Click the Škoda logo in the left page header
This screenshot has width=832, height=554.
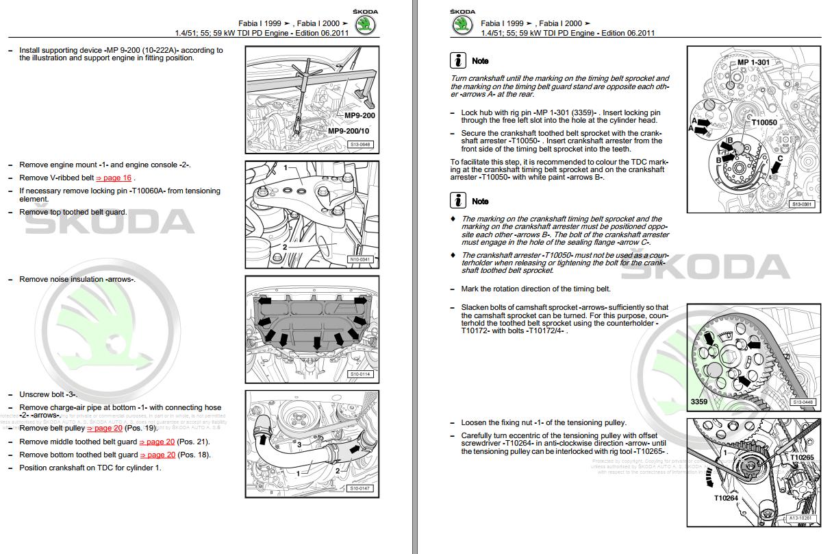[x=366, y=25]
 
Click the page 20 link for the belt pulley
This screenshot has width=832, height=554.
[x=104, y=429]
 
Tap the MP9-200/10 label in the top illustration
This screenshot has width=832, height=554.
[x=348, y=131]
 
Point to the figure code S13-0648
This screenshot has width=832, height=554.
[x=360, y=145]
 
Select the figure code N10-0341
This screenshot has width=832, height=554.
[x=360, y=259]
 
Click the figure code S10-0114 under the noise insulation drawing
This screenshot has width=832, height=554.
[x=360, y=374]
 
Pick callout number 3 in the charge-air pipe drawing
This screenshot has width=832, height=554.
[x=299, y=445]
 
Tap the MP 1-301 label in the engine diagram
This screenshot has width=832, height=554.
[x=753, y=62]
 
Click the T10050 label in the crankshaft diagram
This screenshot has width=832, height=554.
[x=765, y=123]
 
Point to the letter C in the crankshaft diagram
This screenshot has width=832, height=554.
[x=779, y=158]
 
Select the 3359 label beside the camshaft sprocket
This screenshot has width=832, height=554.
[x=699, y=402]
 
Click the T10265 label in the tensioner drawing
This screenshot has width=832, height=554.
[x=802, y=457]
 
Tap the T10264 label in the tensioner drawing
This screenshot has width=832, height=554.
[x=727, y=498]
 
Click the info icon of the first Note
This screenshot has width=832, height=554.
[x=458, y=60]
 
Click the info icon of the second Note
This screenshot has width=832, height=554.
[x=458, y=201]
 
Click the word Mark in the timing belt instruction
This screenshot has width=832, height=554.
[x=470, y=289]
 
